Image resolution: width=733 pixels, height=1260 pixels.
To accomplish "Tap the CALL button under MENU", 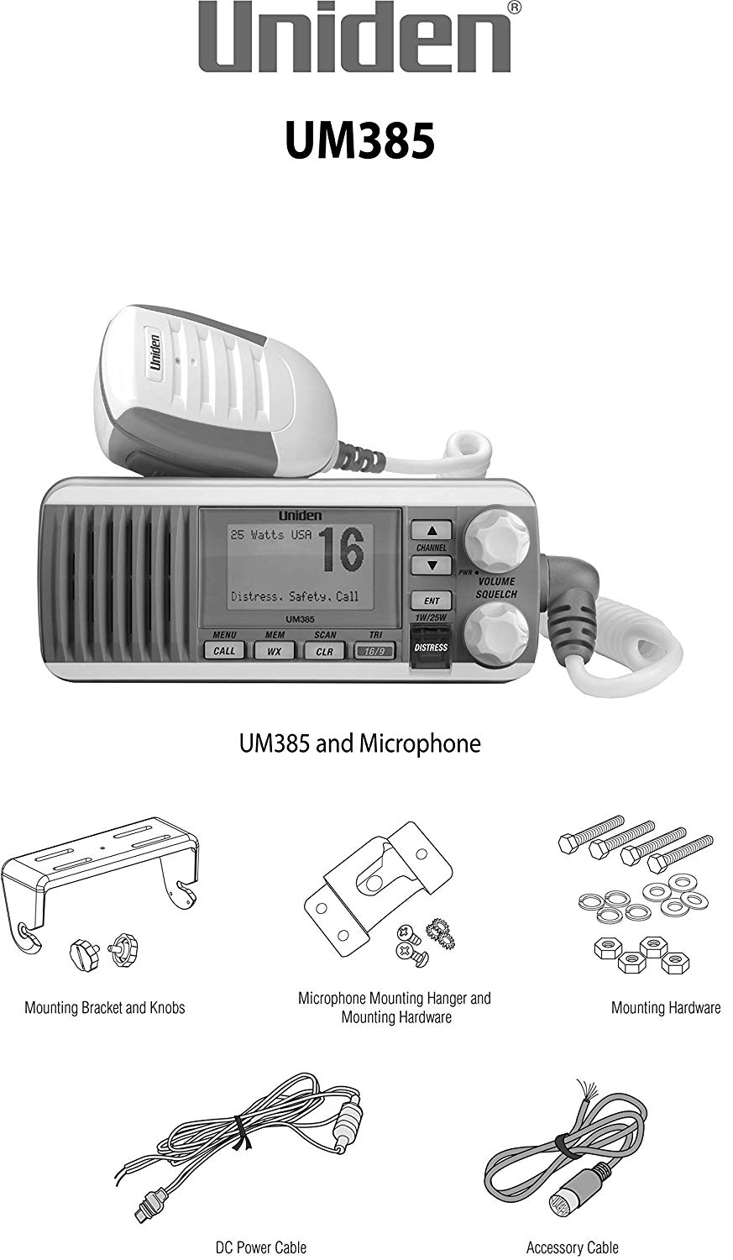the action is coord(223,651).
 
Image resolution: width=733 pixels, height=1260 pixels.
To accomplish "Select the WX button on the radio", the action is coord(274,651).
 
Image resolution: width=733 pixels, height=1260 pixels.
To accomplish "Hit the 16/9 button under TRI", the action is coord(374,651).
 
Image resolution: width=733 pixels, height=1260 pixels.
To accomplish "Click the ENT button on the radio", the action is coord(432,601).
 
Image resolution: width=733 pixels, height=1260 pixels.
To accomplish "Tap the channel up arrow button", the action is coord(432,530).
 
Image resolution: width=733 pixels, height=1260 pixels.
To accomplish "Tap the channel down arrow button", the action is coord(432,565).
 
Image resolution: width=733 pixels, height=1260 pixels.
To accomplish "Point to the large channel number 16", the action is coord(342,549).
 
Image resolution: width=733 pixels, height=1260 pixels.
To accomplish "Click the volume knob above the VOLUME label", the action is coord(496,538).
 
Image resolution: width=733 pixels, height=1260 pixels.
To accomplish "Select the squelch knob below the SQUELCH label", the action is coord(496,633).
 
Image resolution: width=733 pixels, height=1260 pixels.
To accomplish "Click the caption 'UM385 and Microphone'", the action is coord(359,743).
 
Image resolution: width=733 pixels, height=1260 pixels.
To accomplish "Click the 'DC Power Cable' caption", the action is coord(261,1247).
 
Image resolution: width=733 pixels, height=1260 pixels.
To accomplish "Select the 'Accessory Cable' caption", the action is coord(573,1247).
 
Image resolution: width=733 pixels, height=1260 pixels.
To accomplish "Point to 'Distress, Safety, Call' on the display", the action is coord(295,596).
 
